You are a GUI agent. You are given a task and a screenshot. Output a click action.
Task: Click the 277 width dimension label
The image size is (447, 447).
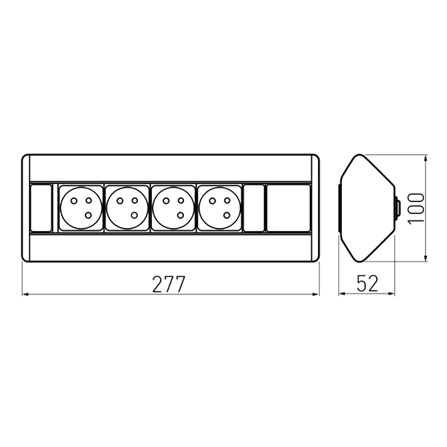169,284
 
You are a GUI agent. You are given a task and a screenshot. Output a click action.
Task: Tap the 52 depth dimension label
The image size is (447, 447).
367,283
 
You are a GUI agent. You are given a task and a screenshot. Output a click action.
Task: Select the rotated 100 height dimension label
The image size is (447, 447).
416,209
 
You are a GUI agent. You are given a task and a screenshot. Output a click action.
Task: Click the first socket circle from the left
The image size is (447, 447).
81,208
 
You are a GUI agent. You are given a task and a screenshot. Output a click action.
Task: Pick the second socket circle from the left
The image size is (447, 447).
127,208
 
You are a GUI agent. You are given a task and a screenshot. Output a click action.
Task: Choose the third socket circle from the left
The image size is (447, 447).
174,208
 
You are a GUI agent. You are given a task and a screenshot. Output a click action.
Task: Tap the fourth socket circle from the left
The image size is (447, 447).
220,208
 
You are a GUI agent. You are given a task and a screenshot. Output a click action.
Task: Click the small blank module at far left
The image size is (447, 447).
41,208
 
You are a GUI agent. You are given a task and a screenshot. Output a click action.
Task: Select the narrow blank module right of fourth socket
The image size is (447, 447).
254,208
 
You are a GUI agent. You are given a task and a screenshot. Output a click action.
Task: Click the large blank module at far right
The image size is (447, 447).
288,208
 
